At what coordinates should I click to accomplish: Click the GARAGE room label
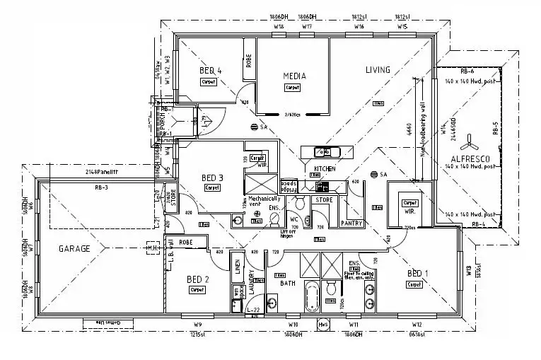74,248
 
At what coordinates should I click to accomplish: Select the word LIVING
378,69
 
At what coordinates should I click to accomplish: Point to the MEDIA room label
293,76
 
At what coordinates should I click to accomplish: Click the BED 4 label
211,70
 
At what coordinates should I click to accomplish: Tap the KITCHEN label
325,169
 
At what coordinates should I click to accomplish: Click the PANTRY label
351,223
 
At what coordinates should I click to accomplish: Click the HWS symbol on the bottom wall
324,325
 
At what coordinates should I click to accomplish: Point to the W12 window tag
417,325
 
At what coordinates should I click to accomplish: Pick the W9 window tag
198,325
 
